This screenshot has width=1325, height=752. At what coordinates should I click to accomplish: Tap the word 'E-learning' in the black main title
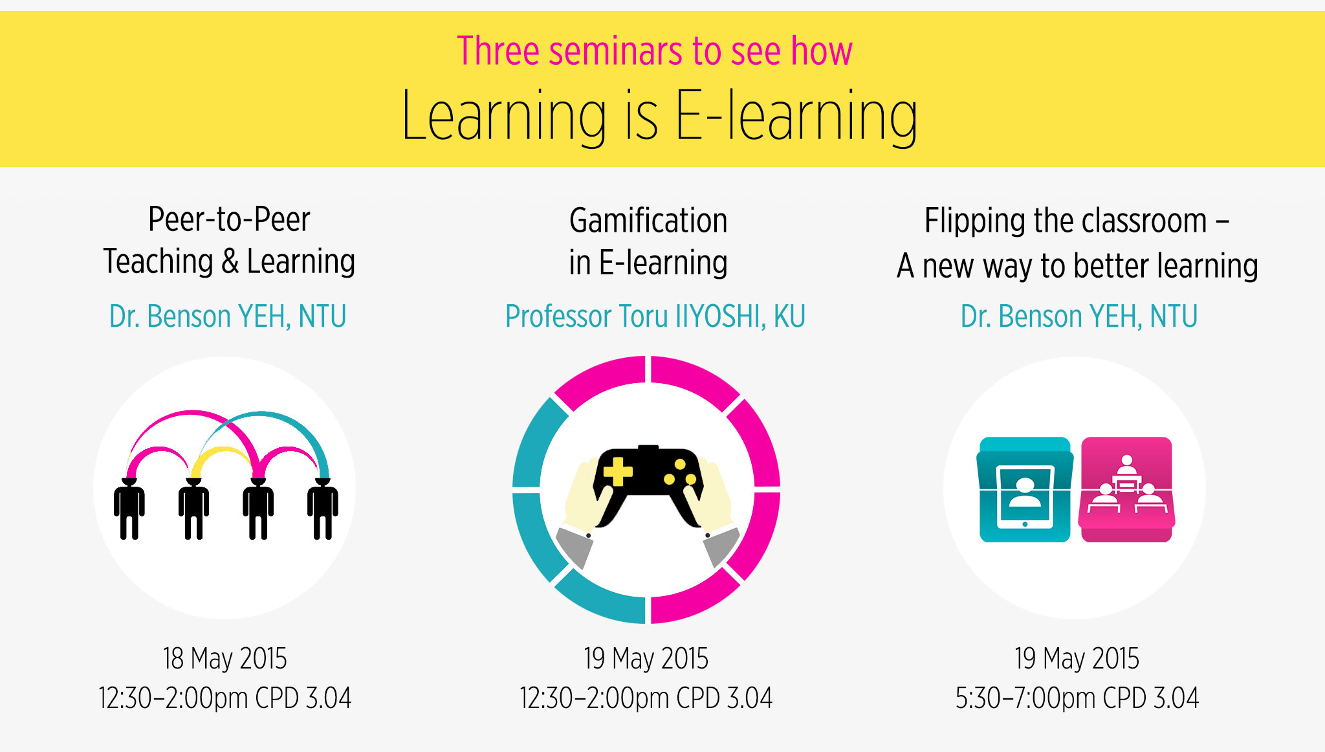pos(796,116)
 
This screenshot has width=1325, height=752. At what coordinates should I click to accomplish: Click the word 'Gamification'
pos(648,220)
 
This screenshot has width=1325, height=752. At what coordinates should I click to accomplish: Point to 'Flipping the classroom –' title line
pos(1077,221)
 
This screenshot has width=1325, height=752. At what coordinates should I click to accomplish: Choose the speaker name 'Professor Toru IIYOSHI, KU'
pos(655,316)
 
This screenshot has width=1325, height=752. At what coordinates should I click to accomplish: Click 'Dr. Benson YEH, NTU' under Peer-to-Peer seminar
pos(228,316)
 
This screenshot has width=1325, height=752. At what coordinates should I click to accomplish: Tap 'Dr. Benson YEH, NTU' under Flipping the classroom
pos(1079,316)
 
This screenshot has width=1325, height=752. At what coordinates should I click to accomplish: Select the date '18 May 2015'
pos(224,658)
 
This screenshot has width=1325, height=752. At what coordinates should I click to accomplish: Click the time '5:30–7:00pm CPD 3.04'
pos(1077,698)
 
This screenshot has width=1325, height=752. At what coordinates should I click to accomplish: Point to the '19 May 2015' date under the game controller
pos(646,658)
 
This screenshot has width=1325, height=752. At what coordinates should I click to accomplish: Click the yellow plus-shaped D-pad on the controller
pos(618,471)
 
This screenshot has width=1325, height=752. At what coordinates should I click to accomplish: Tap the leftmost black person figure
pos(129,509)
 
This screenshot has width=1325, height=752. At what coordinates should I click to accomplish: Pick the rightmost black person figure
pos(322,509)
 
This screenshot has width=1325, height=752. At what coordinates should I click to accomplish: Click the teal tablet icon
pos(1025,489)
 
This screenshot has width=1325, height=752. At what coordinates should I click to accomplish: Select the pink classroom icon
pos(1126,489)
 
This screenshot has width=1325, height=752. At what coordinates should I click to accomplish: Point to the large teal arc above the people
pos(262,414)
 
